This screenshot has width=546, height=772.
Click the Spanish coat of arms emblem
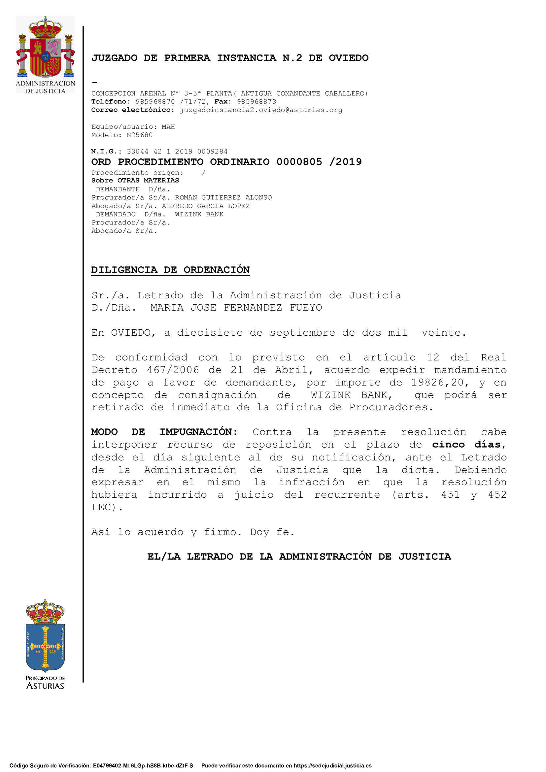click(45, 47)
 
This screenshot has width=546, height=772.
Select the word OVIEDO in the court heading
click(348, 58)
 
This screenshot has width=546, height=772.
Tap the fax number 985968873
click(256, 102)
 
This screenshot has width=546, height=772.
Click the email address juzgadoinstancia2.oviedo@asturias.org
click(261, 110)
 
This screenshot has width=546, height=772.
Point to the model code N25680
click(140, 135)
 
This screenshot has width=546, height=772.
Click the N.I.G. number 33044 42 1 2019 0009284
click(177, 151)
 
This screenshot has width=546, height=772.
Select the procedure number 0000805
click(299, 162)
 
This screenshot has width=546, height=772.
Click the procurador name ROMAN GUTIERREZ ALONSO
click(223, 197)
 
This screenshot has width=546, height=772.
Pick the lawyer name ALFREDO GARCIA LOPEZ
click(205, 206)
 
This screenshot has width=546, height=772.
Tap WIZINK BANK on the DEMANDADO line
click(199, 214)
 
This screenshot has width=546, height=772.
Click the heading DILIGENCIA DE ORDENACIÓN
click(170, 270)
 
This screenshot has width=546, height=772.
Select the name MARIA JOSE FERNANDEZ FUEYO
click(236, 307)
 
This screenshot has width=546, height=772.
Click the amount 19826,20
click(437, 382)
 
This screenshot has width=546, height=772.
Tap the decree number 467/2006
click(173, 370)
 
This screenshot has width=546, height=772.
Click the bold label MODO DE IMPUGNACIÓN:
click(164, 432)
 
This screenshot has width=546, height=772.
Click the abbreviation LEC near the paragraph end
click(101, 507)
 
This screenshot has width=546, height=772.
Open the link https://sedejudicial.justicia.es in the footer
click(332, 766)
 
